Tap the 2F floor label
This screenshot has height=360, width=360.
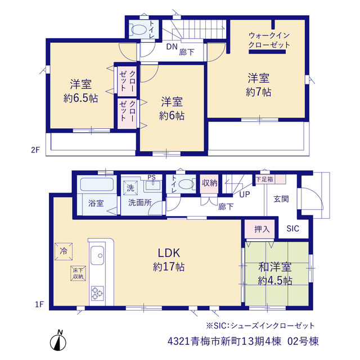click(35, 150)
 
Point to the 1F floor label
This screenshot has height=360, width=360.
click(39, 304)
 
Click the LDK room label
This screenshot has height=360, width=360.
click(169, 253)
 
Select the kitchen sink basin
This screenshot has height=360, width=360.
click(97, 255)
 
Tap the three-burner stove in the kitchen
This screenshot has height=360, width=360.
click(97, 293)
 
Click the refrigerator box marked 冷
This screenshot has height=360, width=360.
click(64, 251)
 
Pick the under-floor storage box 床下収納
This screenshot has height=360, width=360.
click(78, 273)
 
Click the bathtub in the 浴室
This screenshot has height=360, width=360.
click(97, 184)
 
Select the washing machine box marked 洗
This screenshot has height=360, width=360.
click(130, 188)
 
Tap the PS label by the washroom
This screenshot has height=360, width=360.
click(151, 177)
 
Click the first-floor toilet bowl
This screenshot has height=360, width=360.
click(186, 184)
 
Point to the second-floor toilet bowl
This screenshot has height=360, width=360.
click(138, 30)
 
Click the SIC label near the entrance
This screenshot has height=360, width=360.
click(292, 228)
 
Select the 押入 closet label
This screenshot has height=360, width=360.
click(262, 229)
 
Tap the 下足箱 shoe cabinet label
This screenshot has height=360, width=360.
click(265, 179)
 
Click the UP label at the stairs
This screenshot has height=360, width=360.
click(245, 195)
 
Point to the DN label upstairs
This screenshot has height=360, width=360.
click(172, 47)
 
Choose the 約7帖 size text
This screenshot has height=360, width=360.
click(259, 92)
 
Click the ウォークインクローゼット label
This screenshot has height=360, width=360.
click(269, 40)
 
